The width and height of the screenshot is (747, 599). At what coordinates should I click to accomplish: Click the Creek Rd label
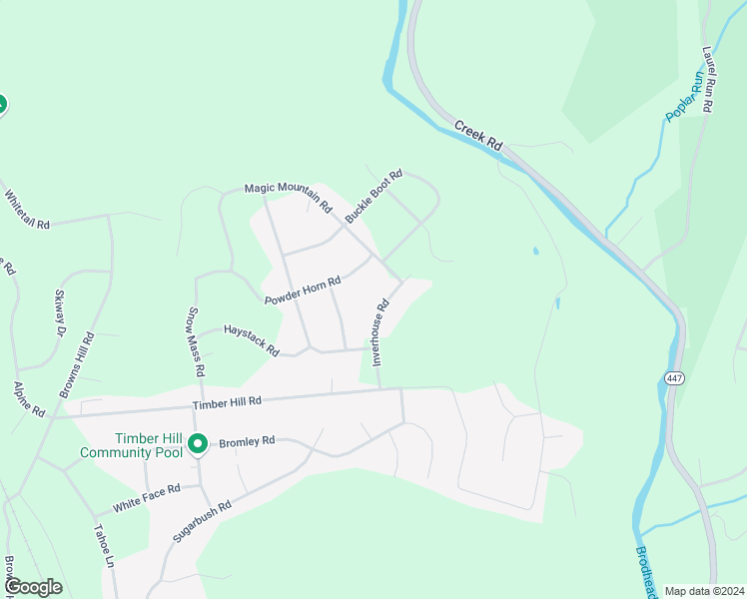pyautogui.click(x=477, y=136)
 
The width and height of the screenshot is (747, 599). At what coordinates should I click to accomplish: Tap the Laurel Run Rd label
pyautogui.click(x=708, y=79)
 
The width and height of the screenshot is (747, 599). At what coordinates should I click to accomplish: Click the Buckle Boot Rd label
pyautogui.click(x=373, y=196)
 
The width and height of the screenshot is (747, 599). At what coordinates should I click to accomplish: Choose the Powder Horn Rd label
pyautogui.click(x=303, y=291)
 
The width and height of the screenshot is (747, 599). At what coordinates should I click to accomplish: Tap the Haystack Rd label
pyautogui.click(x=251, y=339)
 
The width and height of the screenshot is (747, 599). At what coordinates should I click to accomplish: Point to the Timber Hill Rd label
pyautogui.click(x=227, y=401)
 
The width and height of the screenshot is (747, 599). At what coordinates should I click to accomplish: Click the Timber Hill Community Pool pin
pyautogui.click(x=198, y=442)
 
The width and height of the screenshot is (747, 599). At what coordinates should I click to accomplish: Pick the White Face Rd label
pyautogui.click(x=146, y=497)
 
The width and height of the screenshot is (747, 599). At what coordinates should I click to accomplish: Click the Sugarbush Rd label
pyautogui.click(x=202, y=521)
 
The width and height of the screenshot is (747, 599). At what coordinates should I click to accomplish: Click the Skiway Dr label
pyautogui.click(x=58, y=314)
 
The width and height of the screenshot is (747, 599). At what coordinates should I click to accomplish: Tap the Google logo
pyautogui.click(x=33, y=587)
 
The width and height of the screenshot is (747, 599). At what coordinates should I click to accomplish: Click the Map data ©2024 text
pyautogui.click(x=703, y=591)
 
